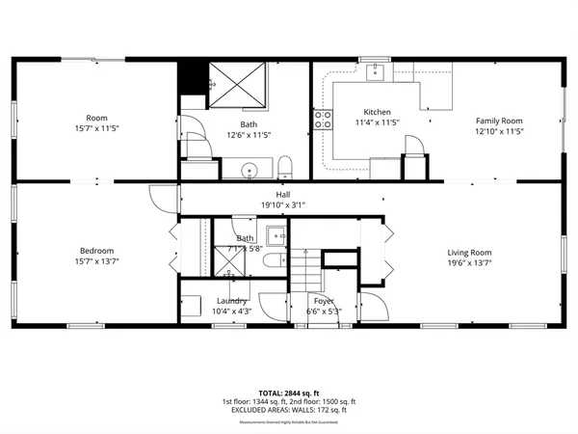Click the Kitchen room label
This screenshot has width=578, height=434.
pos(377,112)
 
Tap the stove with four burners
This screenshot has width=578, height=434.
pos(323,121)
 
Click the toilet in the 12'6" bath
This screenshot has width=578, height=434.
pos(284,165)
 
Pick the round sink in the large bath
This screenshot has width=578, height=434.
pos(250,171)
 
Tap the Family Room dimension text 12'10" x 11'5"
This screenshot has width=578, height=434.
pos(499,131)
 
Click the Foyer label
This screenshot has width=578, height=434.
pos(324,301)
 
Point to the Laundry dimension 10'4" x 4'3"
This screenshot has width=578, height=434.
pos(232,312)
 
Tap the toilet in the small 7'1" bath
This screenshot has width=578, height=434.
pos(273,259)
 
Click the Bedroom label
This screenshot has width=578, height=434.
pos(96,251)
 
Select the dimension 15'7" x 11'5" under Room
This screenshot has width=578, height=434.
pos(96,127)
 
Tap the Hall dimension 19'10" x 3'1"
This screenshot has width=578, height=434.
pos(283,204)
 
